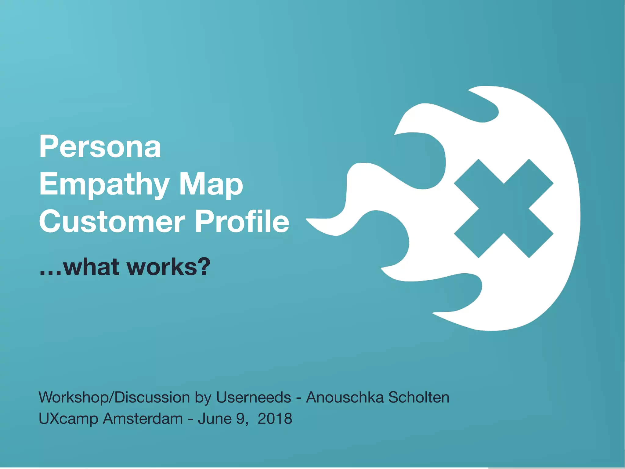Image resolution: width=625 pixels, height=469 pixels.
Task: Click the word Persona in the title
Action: click(100, 147)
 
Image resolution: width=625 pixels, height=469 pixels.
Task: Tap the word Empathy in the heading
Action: click(104, 185)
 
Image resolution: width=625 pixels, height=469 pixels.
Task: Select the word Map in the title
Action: click(211, 185)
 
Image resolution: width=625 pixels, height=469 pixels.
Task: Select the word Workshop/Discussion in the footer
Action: click(114, 398)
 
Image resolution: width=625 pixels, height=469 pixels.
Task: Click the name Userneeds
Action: click(253, 398)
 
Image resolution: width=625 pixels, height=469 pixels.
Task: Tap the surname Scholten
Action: click(419, 398)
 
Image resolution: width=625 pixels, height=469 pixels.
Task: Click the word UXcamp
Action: click(68, 419)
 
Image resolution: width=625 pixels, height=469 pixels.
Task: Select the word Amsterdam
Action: click(143, 418)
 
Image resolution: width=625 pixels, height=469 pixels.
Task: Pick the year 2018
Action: click(275, 418)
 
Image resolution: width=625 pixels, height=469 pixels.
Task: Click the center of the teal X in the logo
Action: click(504, 209)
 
